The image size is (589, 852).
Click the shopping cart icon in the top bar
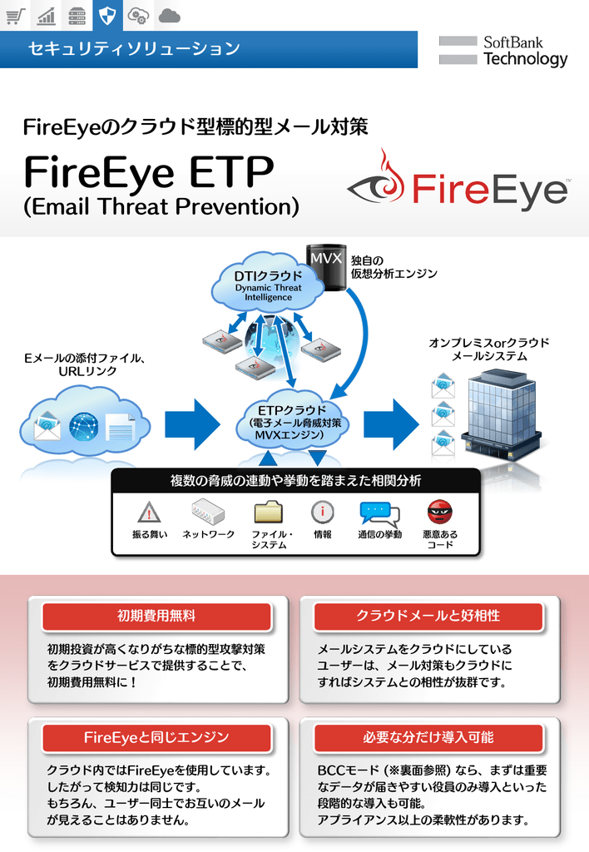16,15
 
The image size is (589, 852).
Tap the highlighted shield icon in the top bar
106,15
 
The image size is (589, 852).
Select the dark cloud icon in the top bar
169,15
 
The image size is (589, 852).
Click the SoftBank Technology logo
503,51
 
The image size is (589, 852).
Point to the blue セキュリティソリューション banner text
134,49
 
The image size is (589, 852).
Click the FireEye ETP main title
149,172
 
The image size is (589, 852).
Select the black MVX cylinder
325,266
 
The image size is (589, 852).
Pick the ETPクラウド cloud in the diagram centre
291,422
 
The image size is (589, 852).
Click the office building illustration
499,416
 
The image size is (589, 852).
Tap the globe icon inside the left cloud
83,427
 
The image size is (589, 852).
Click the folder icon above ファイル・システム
268,512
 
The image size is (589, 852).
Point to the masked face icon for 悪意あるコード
439,512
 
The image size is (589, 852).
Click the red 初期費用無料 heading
156,617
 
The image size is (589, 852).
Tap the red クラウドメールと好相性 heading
428,617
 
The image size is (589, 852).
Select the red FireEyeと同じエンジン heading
156,737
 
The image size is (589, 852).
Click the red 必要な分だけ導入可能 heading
428,737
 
